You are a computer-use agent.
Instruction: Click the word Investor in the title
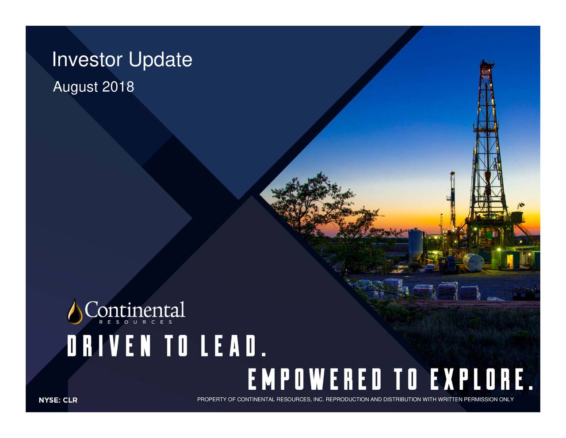pos(87,60)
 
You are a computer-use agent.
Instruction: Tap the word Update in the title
pos(160,60)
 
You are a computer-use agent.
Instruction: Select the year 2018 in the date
pos(118,87)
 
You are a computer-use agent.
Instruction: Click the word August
pos(75,87)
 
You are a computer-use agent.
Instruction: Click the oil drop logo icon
pos(75,311)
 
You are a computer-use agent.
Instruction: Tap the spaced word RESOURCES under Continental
pos(135,322)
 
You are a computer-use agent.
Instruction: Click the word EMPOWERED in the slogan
pos(314,380)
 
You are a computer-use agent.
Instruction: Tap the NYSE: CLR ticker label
pos(57,400)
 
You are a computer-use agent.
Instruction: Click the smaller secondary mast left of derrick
pos(452,199)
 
